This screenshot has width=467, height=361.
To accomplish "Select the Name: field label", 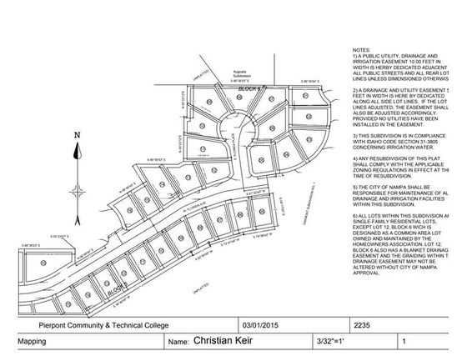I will [x=179, y=342].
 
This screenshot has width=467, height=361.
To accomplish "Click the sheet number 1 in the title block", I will [x=404, y=342].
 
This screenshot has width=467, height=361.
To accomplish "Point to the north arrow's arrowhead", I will [x=77, y=148].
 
